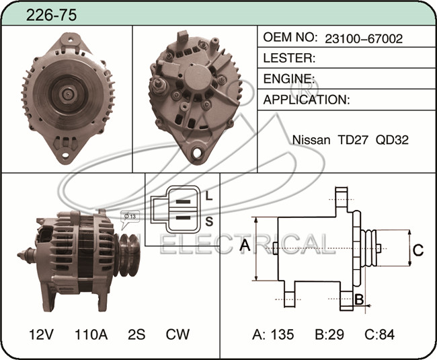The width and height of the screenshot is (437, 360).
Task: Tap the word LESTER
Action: pos(289,59)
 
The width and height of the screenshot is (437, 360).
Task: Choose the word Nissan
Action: pos(311,140)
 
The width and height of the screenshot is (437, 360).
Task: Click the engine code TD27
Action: pos(352,140)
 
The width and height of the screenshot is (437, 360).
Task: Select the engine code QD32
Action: pos(393,140)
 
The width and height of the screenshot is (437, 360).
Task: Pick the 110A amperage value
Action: pos(91,334)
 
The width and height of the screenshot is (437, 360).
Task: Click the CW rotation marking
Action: pos(177,334)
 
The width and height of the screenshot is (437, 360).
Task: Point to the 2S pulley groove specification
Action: pos(136,334)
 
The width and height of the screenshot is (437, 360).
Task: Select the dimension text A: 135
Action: pos(273,334)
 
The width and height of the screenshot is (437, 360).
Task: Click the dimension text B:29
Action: pos(330,334)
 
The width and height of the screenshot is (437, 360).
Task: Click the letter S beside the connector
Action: pos(209,221)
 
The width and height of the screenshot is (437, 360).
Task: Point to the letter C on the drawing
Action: pos(418,251)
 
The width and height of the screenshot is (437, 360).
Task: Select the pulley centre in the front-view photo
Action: pos(67,94)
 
